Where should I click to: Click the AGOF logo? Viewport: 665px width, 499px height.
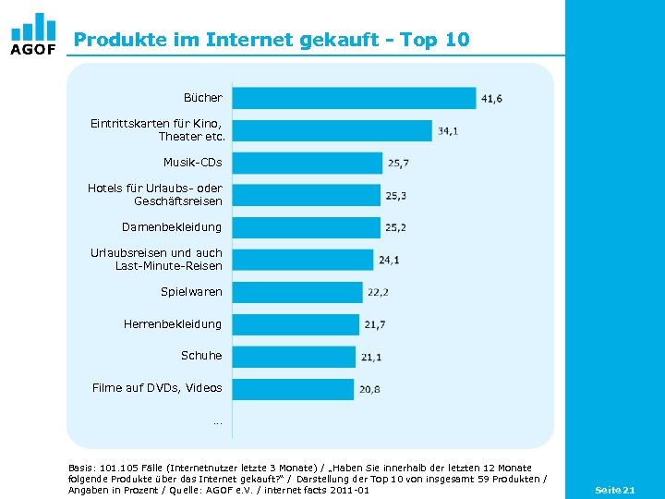tap(33, 34)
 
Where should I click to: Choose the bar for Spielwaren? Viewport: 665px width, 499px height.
tap(296, 292)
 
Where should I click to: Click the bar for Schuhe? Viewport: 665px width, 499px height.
tap(293, 357)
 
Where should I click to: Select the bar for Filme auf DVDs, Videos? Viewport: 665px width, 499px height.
tap(292, 389)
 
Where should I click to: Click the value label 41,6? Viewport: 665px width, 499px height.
tap(491, 99)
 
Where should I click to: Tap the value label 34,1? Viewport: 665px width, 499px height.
tap(448, 131)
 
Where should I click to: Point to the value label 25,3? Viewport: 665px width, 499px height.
tap(397, 196)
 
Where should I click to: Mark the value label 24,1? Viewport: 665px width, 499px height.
tap(389, 260)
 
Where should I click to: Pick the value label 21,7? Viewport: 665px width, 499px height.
tap(375, 324)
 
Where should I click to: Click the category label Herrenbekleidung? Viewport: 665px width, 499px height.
tap(173, 324)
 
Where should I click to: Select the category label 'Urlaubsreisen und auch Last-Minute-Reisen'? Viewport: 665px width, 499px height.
tap(156, 260)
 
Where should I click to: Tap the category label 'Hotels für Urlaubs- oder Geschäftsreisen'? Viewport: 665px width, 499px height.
tap(155, 195)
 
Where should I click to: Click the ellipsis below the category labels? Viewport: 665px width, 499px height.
tap(217, 421)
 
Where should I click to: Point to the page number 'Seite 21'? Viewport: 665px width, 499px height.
tap(615, 489)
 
